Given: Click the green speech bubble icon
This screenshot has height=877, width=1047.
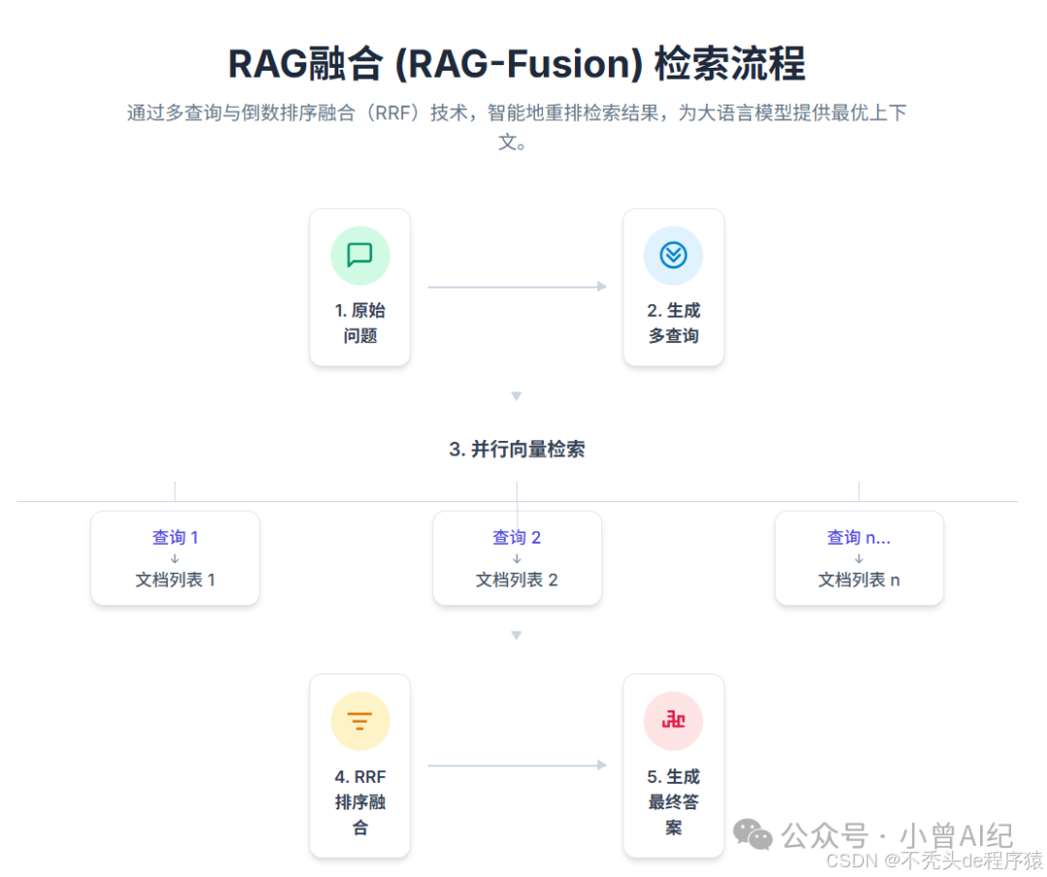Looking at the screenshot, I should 360,255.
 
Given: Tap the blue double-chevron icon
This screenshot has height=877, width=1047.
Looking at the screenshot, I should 673,255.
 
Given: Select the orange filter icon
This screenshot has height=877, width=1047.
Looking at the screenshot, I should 360,721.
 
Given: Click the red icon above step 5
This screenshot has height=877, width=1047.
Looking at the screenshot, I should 673,721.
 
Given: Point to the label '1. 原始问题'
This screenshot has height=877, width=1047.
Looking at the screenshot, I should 360,323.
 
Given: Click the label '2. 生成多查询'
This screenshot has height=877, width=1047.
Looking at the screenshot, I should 673,323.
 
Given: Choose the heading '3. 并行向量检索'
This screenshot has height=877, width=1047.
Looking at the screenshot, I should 517,450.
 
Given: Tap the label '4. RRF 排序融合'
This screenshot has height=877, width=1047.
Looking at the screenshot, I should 360,802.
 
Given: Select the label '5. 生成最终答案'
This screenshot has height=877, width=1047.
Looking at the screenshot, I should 673,802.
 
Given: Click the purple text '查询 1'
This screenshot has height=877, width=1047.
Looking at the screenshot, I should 174,537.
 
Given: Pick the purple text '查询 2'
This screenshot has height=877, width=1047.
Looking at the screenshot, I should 517,537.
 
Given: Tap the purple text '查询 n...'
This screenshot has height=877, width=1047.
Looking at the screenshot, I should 858,537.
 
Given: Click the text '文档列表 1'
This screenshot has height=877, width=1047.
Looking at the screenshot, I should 174,579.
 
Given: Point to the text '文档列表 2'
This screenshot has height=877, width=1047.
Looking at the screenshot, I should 517,579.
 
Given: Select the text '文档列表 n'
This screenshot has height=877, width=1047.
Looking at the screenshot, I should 858,579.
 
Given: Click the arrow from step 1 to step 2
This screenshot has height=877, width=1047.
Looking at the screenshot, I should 517,286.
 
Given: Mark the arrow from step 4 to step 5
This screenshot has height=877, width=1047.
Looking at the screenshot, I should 517,766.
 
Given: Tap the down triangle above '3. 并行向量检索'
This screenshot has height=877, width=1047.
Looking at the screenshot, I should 517,396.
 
